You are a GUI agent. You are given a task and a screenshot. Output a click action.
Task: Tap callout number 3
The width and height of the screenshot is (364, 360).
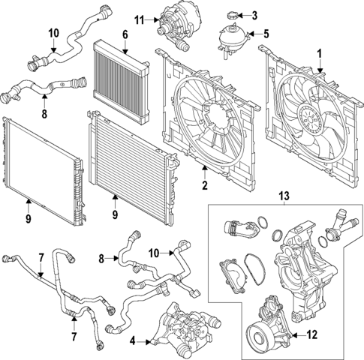(254, 14)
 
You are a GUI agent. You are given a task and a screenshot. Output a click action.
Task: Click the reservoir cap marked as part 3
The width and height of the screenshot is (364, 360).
(231, 15)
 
